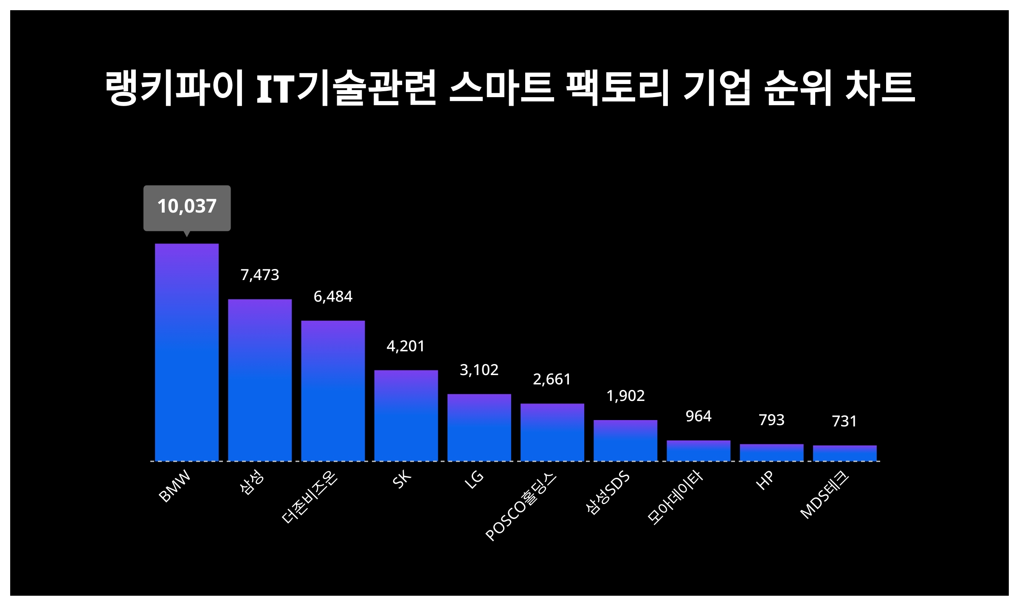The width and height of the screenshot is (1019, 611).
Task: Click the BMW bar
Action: click(187, 352)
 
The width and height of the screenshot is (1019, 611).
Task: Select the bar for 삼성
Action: click(260, 380)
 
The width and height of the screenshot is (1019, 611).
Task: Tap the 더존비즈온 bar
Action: click(333, 390)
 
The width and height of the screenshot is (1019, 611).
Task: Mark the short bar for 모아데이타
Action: click(698, 450)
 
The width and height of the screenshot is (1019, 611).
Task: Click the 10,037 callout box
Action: click(187, 207)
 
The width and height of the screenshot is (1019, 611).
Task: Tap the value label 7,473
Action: click(260, 275)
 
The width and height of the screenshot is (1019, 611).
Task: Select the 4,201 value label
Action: click(406, 346)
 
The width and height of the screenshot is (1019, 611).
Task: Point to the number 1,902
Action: click(625, 396)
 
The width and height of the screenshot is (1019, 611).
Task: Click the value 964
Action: click(698, 416)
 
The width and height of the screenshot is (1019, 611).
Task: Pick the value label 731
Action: click(844, 421)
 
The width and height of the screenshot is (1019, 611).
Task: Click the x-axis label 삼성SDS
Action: click(608, 492)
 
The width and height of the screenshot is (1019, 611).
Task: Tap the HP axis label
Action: click(765, 480)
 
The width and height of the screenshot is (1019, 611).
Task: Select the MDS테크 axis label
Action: click(825, 495)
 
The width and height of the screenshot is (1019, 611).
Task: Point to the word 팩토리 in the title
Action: click(618, 88)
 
